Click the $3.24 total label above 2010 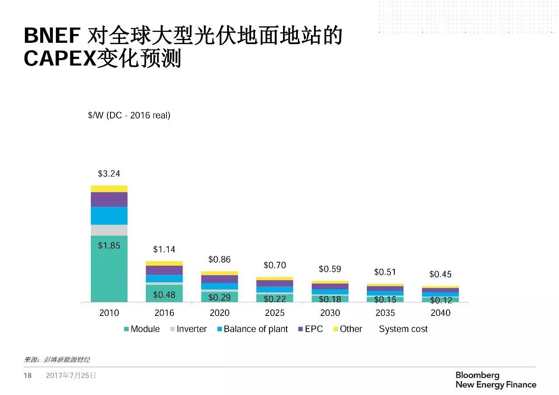[x=109, y=173]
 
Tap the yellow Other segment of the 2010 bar [x=109, y=189]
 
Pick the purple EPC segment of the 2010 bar [x=109, y=199]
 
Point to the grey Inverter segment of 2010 [x=109, y=230]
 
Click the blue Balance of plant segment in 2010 [x=109, y=215]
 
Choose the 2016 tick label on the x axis [x=164, y=313]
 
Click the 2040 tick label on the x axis [x=440, y=313]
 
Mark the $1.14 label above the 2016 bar [x=164, y=249]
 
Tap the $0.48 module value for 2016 [x=164, y=295]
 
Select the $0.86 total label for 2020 [x=219, y=260]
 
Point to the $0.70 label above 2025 [x=275, y=265]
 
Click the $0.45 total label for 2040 [x=440, y=274]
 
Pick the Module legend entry [x=141, y=329]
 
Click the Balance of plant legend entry [x=252, y=329]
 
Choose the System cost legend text [x=403, y=329]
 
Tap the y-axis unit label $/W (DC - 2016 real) [x=129, y=115]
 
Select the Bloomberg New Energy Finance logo [x=496, y=380]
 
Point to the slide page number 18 [x=28, y=375]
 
